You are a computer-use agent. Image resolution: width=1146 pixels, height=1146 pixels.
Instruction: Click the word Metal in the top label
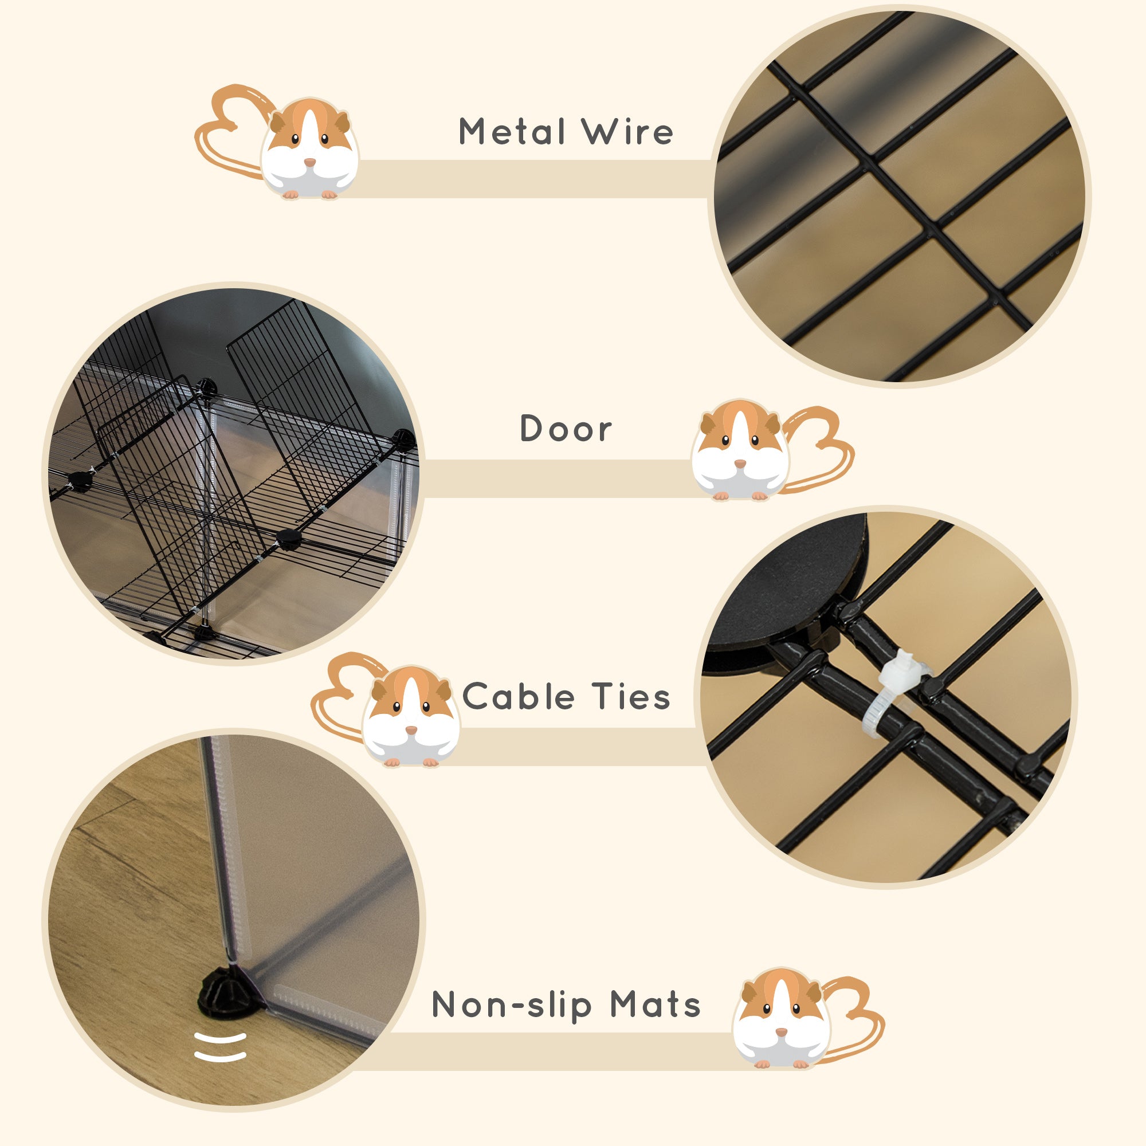pos(511,131)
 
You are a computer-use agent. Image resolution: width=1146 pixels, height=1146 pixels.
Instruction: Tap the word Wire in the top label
pos(627,131)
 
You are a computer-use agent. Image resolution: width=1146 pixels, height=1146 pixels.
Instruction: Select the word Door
pos(566,428)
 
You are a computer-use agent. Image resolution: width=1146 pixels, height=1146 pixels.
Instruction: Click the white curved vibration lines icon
pos(220,1046)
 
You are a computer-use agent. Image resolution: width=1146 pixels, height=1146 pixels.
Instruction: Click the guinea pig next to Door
pos(740,451)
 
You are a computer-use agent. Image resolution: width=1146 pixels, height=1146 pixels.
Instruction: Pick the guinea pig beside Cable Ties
pos(410,717)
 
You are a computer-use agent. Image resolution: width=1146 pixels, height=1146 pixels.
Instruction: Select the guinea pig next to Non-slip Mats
pos(781,1018)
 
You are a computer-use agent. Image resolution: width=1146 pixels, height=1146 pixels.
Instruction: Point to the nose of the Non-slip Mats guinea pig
pos(781,1032)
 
